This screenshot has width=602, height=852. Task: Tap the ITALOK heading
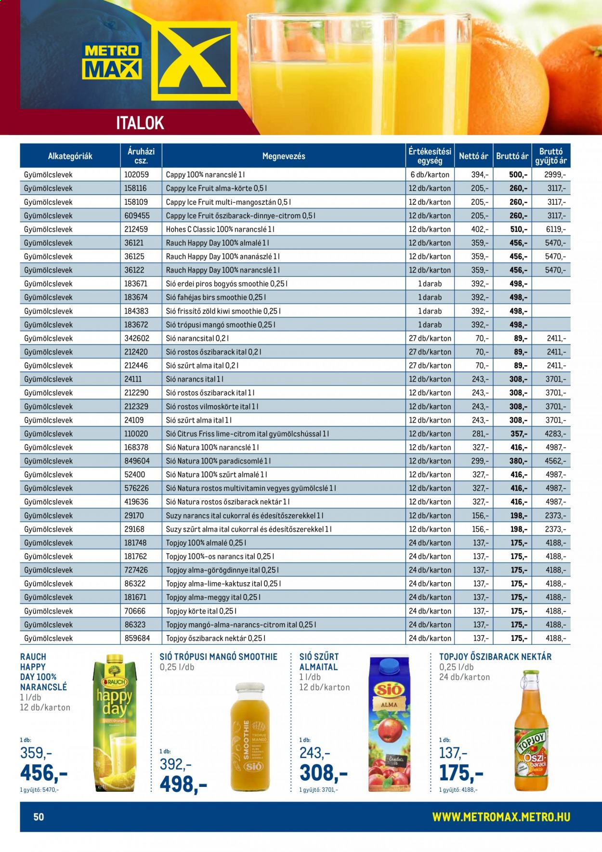click(140, 123)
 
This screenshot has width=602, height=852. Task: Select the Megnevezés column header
click(284, 156)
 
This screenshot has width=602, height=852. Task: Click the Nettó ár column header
click(473, 156)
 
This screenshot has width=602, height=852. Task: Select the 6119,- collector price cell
click(555, 229)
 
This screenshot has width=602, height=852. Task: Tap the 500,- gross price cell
click(518, 175)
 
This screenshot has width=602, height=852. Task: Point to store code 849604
click(137, 461)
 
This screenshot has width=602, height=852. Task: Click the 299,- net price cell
click(480, 461)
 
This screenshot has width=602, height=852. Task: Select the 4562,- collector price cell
click(555, 461)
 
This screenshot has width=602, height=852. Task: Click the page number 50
click(39, 817)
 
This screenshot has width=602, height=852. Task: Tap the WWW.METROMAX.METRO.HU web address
click(501, 817)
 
